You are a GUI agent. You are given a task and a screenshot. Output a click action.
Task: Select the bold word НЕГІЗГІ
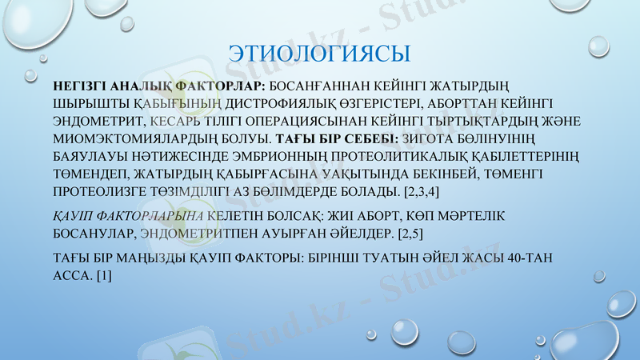[x=77, y=86]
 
